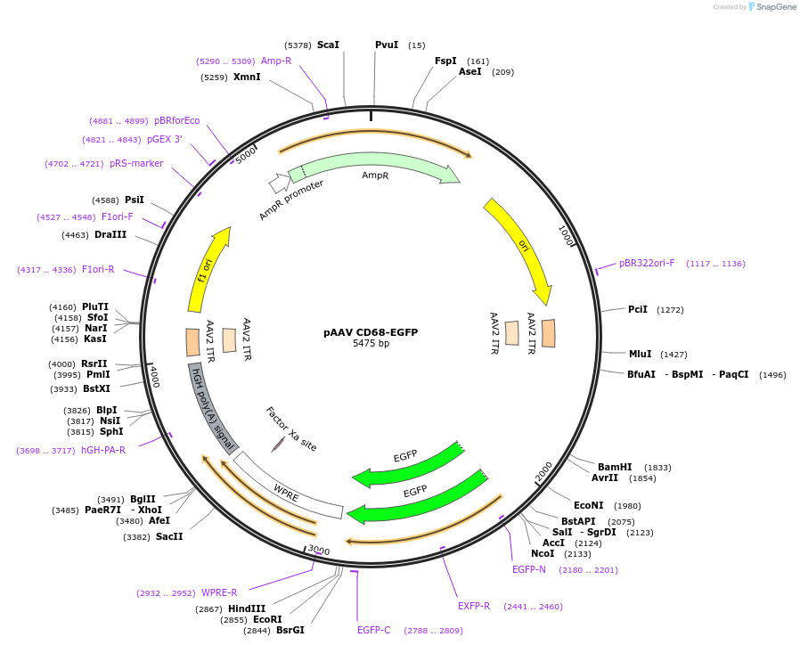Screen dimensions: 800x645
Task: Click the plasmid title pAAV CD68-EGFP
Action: point(371,332)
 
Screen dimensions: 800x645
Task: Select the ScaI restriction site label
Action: point(328,45)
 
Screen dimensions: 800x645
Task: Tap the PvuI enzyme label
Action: point(387,45)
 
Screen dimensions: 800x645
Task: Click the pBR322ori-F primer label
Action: point(647,264)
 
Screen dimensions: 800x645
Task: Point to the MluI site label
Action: point(641,354)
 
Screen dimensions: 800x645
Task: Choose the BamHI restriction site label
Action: point(615,467)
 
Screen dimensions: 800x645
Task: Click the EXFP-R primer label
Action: point(474,606)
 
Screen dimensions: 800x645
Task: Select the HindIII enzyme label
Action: point(247,608)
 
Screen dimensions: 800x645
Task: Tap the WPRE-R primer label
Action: point(219,593)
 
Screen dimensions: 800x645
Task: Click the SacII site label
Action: point(169,537)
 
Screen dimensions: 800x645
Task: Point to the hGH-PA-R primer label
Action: point(103,450)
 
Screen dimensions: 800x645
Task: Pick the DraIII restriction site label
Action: point(110,234)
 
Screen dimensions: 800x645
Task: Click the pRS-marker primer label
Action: point(136,163)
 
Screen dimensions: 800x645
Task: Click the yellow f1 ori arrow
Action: point(206,271)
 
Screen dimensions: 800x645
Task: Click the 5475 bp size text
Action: point(371,343)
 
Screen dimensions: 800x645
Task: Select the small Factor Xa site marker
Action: point(278,445)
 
